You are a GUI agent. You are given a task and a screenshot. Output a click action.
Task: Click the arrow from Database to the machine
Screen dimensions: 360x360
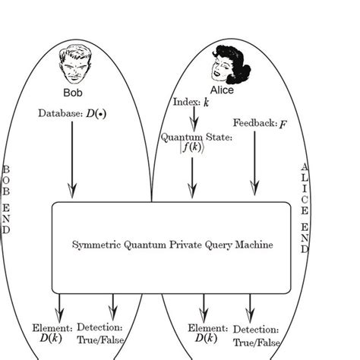coord(73,159)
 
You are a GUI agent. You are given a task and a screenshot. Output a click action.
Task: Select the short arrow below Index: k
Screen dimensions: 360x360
coord(194,118)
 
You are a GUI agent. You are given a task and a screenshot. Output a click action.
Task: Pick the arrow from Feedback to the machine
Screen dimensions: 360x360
coord(254,163)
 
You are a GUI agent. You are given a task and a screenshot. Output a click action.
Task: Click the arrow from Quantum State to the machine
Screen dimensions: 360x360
coord(192,178)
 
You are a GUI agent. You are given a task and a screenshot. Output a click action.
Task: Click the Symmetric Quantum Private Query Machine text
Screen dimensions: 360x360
coord(172,245)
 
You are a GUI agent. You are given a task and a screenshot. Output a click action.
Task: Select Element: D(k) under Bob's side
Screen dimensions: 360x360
coord(52,333)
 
